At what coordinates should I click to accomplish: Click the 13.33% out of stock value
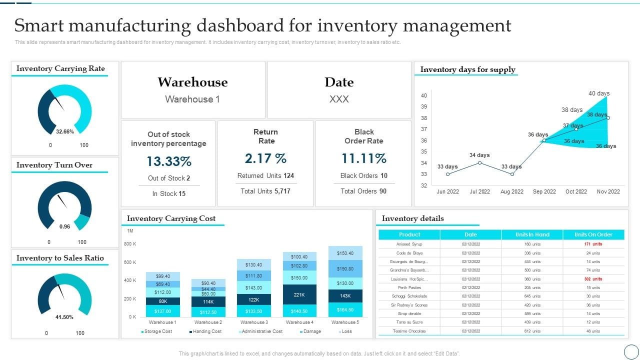pos(169,161)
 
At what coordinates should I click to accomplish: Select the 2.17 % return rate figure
pos(265,159)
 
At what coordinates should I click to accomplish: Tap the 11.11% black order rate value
pos(363,159)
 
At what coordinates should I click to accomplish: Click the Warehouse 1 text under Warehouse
pos(192,99)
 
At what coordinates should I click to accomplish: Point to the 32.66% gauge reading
pos(65,131)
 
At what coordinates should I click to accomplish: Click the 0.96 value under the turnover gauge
pos(65,226)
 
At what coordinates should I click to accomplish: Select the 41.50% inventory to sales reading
pos(65,317)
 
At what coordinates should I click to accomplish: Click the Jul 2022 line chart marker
pos(479,162)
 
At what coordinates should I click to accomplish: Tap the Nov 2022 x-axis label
pos(608,191)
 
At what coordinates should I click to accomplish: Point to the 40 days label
pos(598,93)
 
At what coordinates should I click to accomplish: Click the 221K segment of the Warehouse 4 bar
pos(299,294)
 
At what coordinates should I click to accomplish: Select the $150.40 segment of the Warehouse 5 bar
pos(345,253)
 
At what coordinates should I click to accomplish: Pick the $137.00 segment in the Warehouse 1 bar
pos(163,311)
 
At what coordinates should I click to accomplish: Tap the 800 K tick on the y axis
pos(130,244)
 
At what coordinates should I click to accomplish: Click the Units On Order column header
pos(593,234)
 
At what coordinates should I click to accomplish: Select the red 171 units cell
pos(593,244)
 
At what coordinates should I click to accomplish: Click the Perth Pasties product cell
pos(409,287)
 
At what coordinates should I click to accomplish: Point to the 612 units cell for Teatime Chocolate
pos(532,331)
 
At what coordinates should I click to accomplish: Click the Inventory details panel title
pos(412,218)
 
